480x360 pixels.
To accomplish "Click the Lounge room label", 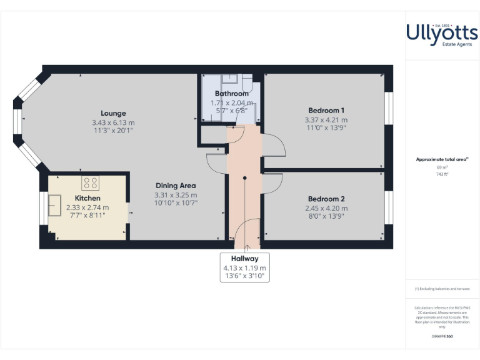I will tap(113, 113).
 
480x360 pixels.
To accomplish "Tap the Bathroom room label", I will tap(231, 94).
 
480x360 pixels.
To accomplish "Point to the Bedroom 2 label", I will tap(326, 198).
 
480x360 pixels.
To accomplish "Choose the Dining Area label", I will tap(175, 186).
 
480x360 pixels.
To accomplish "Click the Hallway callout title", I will tap(245, 258).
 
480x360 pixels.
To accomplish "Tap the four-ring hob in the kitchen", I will tap(90, 183).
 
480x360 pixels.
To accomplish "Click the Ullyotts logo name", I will tap(442, 31).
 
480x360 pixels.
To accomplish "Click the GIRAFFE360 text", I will tap(442, 337).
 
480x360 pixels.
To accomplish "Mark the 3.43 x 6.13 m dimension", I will tap(113, 122).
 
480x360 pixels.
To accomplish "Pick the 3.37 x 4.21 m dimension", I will tap(326, 119).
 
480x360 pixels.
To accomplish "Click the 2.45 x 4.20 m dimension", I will tap(326, 208).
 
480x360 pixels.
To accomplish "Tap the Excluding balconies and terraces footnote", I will tap(442, 289).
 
